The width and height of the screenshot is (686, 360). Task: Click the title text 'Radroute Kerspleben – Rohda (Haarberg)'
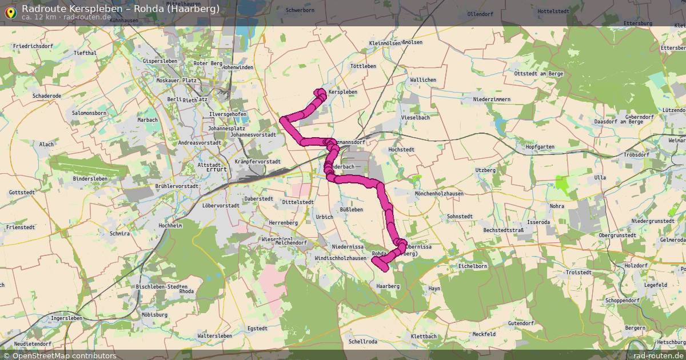120,9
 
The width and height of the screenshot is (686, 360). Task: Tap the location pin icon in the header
10,11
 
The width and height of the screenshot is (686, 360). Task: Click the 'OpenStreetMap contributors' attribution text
64,355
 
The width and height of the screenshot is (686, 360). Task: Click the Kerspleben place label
343,92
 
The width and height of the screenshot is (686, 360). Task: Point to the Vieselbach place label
415,117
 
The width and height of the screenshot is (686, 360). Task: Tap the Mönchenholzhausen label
439,194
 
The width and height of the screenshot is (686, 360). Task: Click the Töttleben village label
363,66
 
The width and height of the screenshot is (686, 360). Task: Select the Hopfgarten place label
540,147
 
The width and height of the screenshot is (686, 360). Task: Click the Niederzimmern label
492,99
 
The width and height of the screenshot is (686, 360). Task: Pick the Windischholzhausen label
340,258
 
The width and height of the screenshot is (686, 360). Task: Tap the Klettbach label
423,337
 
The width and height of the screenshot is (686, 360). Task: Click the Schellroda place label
363,342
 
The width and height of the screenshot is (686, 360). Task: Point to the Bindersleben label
90,179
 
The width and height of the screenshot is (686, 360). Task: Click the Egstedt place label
257,329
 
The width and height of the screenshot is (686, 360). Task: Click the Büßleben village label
352,210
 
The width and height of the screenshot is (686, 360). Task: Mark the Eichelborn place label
473,266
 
